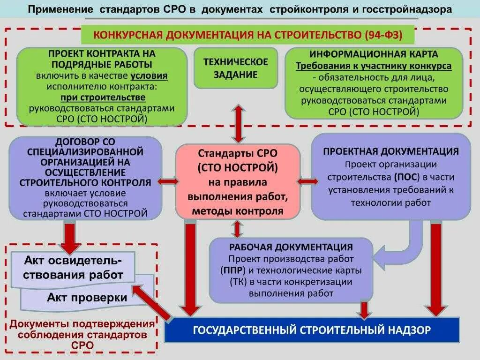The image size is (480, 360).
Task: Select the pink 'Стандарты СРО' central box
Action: (x=238, y=181)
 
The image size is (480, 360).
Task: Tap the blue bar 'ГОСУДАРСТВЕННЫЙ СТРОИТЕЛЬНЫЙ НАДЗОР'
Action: (x=312, y=330)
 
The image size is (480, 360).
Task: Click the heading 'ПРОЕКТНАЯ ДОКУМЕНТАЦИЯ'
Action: (x=390, y=151)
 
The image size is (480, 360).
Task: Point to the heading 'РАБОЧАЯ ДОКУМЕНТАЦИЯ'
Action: (x=291, y=247)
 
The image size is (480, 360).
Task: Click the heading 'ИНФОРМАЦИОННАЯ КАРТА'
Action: (x=374, y=54)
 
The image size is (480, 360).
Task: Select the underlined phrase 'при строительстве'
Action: (x=103, y=97)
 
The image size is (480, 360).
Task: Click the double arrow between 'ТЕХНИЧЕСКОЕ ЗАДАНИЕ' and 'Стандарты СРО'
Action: (x=238, y=123)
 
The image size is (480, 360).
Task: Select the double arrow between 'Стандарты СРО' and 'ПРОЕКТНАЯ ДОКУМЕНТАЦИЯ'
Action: (x=307, y=181)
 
